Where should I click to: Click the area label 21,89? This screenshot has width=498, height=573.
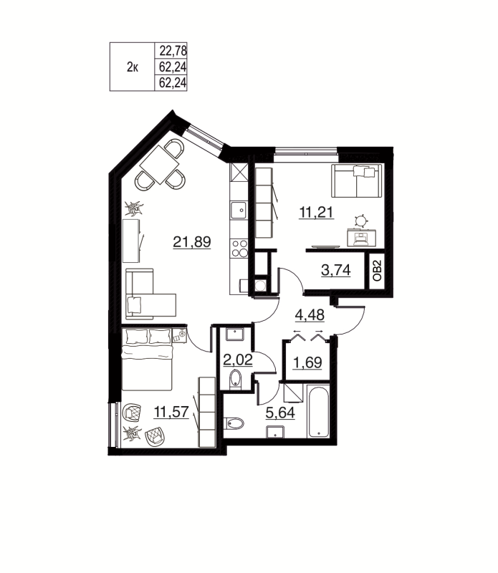(191, 242)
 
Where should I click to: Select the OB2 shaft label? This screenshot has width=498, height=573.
(378, 271)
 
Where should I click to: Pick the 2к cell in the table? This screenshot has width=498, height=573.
(133, 67)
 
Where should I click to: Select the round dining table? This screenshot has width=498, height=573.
(162, 165)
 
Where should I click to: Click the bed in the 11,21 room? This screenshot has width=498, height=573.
(356, 180)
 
